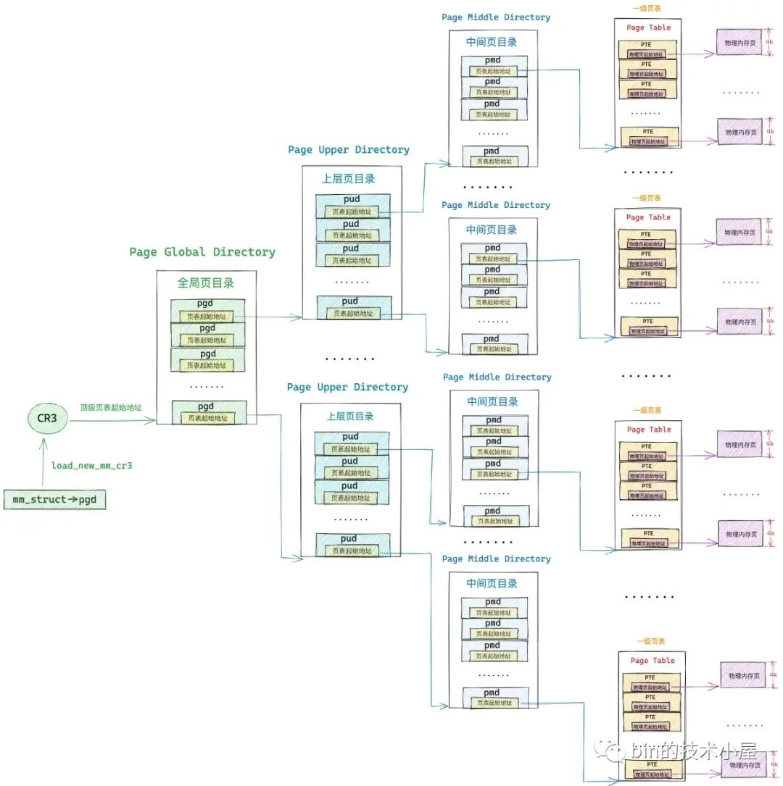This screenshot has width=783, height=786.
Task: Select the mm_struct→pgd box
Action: pos(54,500)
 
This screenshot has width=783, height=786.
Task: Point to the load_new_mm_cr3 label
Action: pos(91,465)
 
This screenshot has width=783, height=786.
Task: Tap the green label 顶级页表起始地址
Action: pos(110,407)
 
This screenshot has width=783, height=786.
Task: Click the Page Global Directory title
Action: pos(202,252)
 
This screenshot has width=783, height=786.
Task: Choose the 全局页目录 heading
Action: pos(206,283)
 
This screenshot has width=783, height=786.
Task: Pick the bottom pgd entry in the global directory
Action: pos(208,412)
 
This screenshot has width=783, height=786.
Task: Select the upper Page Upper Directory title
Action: pos(349,150)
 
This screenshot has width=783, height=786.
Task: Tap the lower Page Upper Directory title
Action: pos(347,388)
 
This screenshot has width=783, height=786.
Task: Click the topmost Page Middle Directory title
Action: pos(496,17)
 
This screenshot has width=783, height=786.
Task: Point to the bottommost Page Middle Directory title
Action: pos(496,559)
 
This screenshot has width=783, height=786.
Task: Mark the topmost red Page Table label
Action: pos(648,28)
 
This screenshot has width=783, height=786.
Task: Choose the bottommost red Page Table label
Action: pos(652,661)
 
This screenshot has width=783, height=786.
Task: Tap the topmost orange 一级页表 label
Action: pos(647,9)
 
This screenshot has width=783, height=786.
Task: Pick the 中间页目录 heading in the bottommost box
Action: pos(493,584)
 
